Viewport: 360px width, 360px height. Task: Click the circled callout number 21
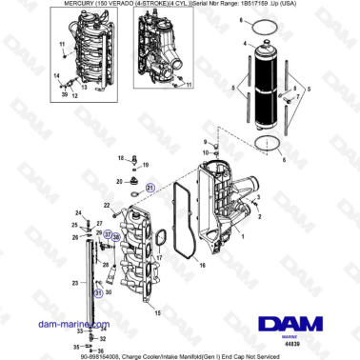[x=150, y=190]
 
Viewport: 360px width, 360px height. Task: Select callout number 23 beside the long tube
[x=76, y=284]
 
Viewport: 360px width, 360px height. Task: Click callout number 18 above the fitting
[x=136, y=162]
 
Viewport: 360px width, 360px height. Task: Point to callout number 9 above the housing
[x=205, y=143]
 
